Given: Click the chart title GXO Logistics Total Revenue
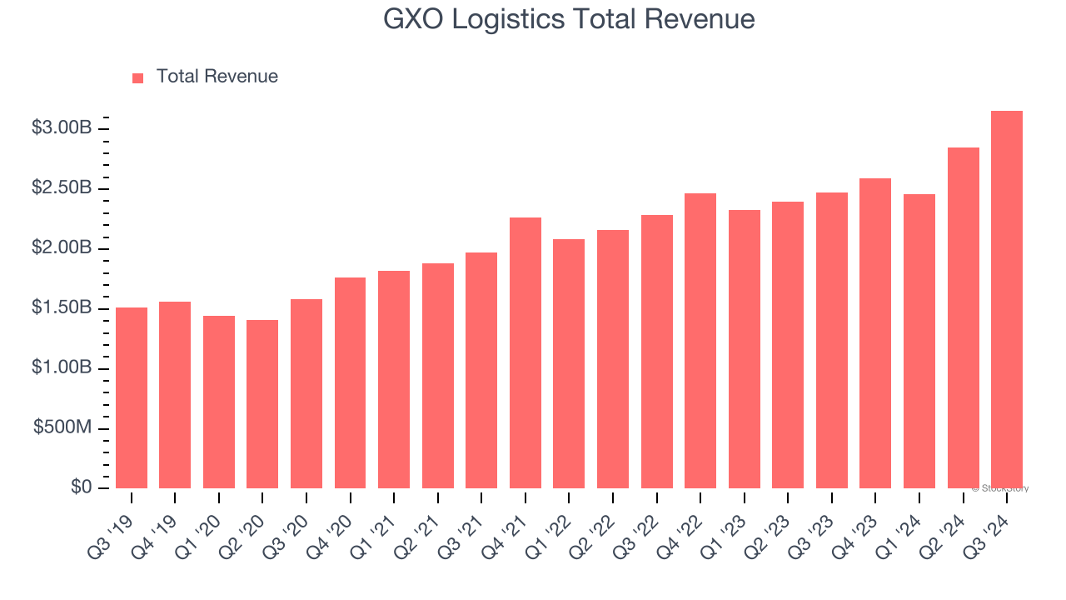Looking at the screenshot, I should click(x=569, y=19).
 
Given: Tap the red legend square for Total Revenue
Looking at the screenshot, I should click(x=138, y=77).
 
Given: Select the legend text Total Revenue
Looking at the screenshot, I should click(x=217, y=77).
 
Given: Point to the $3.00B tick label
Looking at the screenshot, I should click(x=62, y=128).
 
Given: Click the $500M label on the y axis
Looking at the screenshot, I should click(x=62, y=427).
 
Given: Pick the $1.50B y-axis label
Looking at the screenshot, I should click(x=62, y=307).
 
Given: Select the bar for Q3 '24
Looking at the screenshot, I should click(x=1006, y=300).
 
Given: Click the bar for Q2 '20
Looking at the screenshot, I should click(x=262, y=404).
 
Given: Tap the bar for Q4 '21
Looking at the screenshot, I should click(x=526, y=352).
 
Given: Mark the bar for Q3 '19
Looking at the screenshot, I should click(x=132, y=397).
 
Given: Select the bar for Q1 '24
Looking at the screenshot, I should click(x=919, y=341).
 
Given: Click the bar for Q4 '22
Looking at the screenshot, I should click(x=700, y=341).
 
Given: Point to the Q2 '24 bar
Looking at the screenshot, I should click(x=963, y=317).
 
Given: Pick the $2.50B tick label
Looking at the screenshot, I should click(x=62, y=188).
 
